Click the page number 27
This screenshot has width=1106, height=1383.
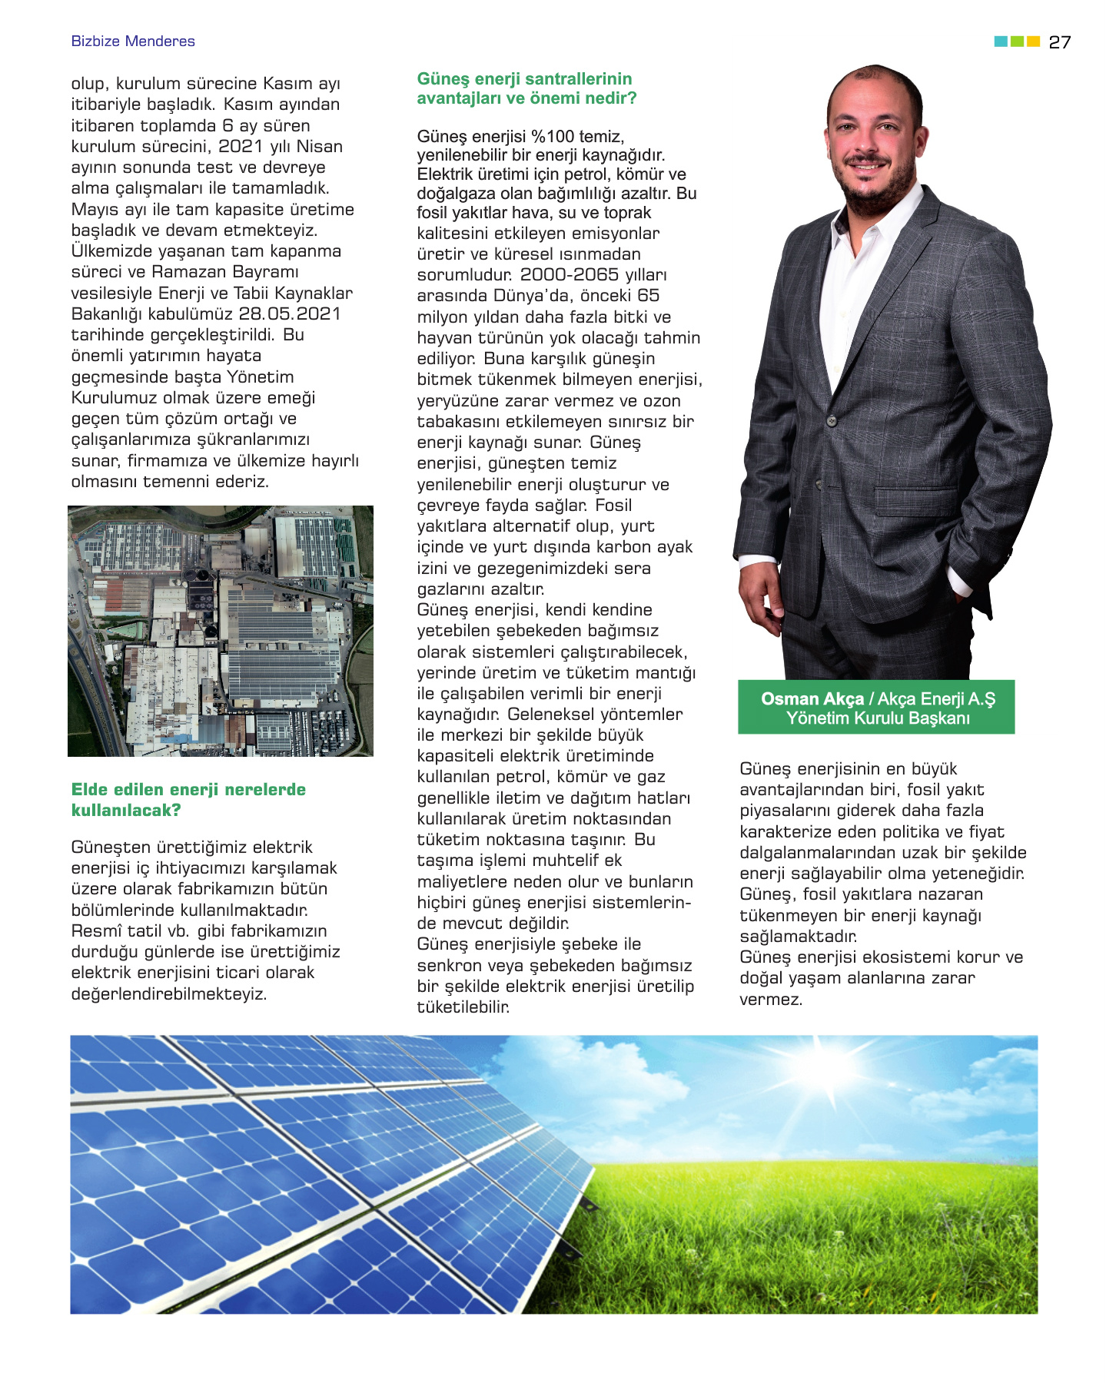1059,42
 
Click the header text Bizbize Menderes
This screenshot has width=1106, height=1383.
133,41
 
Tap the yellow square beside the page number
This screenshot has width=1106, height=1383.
1034,41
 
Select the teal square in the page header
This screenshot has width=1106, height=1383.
1001,41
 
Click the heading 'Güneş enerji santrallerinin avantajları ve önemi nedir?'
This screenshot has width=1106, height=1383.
526,88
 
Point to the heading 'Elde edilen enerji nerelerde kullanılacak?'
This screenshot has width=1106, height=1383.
188,800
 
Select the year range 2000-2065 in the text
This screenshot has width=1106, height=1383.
569,275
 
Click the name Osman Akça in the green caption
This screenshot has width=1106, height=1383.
812,699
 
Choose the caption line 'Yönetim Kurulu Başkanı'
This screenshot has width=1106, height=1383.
878,718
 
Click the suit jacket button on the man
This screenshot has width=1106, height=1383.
831,420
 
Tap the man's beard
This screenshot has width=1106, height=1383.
876,192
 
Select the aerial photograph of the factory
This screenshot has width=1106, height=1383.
221,631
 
